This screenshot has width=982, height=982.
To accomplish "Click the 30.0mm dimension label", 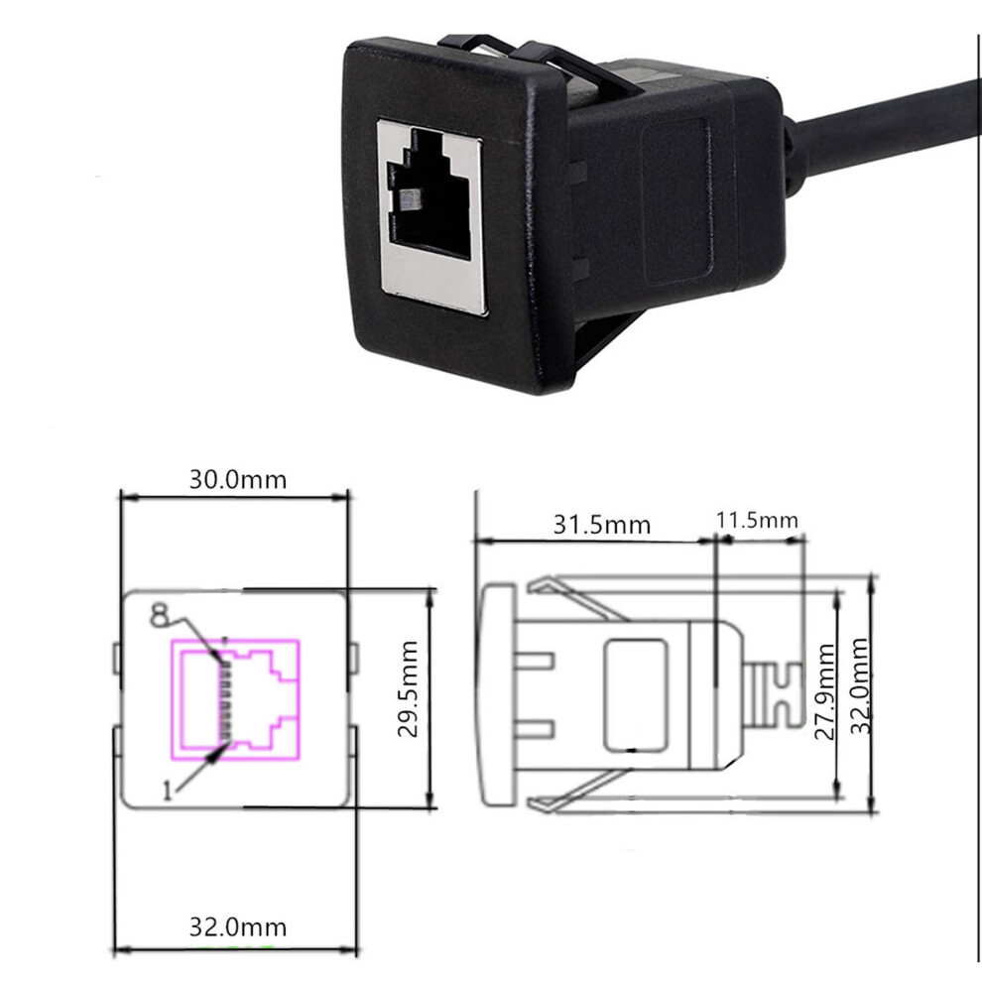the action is (238, 480).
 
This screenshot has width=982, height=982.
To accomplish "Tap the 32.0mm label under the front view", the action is (238, 926).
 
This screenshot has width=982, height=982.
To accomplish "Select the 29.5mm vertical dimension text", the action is (409, 688).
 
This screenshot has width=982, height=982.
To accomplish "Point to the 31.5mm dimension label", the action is (602, 524).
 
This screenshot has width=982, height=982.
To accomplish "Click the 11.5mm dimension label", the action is (757, 520).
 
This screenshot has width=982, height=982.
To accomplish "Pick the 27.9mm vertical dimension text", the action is (825, 691).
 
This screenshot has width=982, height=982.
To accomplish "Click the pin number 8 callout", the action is (159, 615).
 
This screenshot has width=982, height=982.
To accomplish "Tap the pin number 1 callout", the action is (167, 792).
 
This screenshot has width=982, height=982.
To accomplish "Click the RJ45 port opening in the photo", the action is (430, 192).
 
